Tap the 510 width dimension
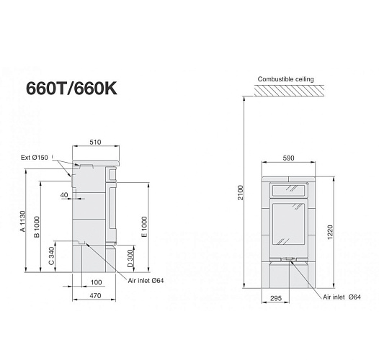(95, 143)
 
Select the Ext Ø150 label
(35, 157)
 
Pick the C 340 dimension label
(52, 258)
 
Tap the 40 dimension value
(65, 194)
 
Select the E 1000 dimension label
(144, 227)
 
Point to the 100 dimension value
(96, 282)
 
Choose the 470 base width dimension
(94, 295)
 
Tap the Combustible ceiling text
(285, 78)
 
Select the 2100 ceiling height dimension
(241, 193)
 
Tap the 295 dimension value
(276, 297)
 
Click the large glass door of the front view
(290, 228)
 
